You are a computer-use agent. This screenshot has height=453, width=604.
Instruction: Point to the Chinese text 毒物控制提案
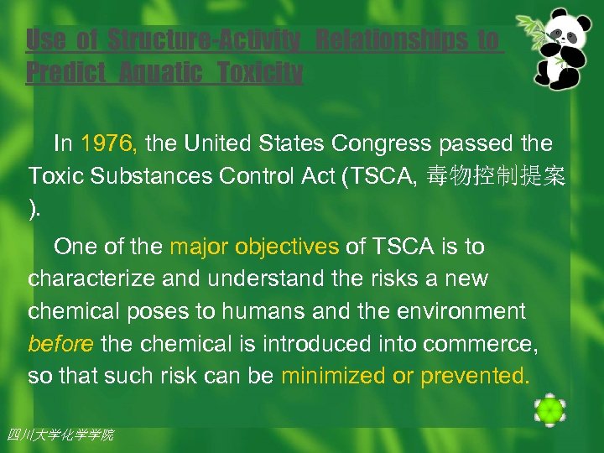pos(496,176)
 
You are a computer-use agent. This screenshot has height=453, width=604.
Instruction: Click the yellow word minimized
pos(334,376)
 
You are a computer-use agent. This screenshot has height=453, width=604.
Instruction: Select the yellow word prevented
pos(475,376)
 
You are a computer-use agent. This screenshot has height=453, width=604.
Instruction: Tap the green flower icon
pos(549,410)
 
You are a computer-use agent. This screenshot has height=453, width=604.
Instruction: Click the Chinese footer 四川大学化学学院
pos(60,435)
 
